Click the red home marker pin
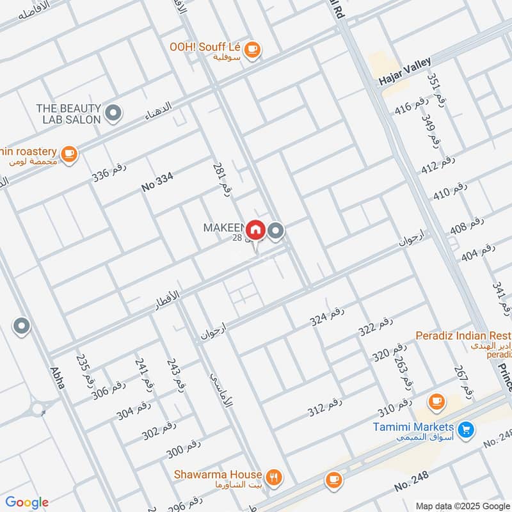tap(255, 229)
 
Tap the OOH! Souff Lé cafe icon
tap(253, 47)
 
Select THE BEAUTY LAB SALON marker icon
tap(113, 113)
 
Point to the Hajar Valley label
tap(405, 72)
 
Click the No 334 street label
tap(157, 183)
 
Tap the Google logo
tap(27, 502)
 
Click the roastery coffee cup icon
tap(69, 153)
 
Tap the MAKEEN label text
tap(224, 227)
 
